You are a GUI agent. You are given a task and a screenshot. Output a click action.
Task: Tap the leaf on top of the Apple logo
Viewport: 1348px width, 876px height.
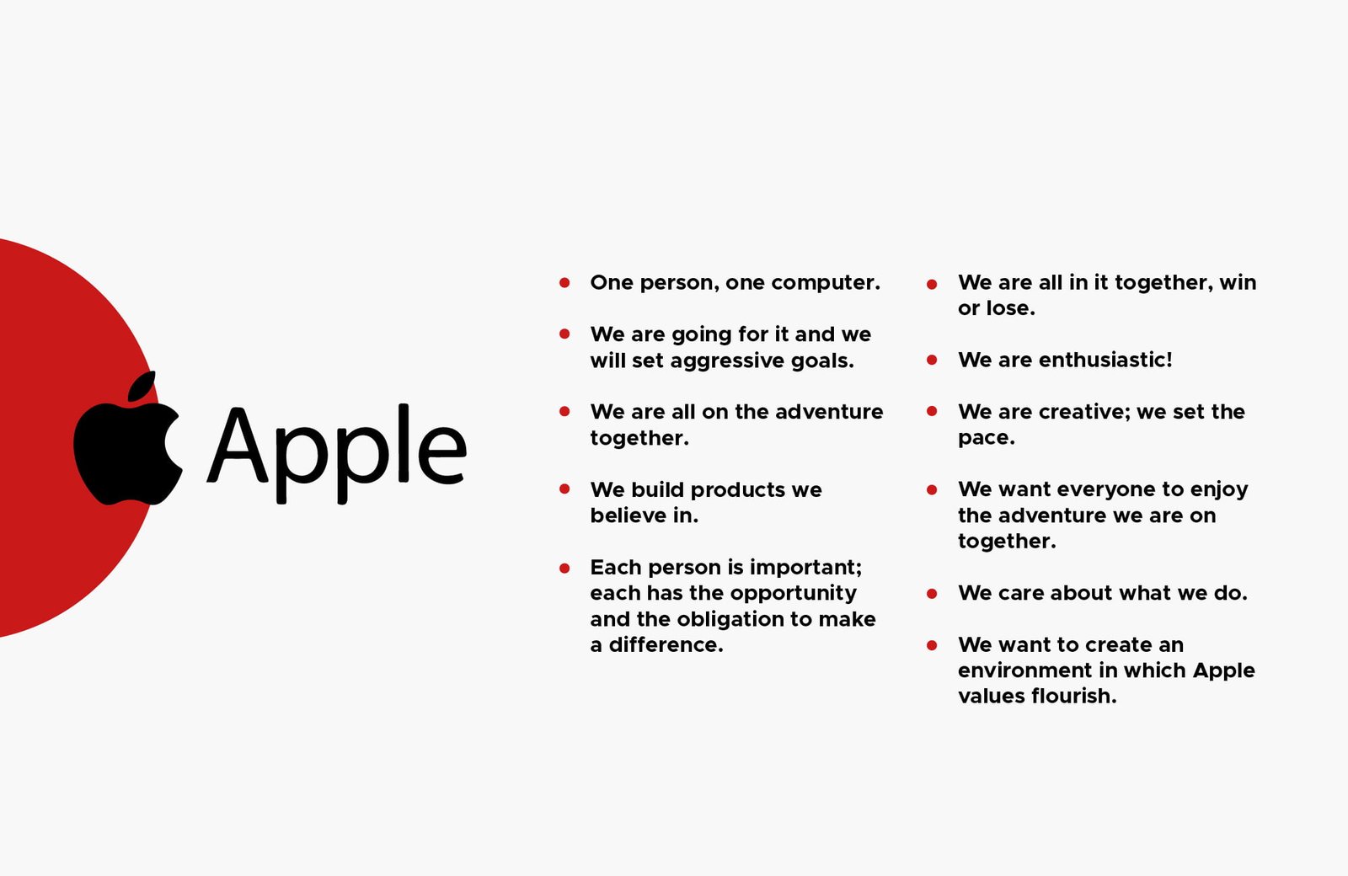click(142, 385)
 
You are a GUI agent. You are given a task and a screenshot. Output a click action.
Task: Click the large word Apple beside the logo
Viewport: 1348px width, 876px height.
click(336, 452)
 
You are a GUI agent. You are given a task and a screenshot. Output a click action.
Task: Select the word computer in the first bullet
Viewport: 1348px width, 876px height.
click(826, 283)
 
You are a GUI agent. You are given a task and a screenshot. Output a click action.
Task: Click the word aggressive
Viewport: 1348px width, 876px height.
click(727, 361)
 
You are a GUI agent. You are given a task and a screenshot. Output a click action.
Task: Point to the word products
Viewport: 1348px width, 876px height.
click(738, 490)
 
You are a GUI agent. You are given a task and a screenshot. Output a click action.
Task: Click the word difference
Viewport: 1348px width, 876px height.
click(666, 644)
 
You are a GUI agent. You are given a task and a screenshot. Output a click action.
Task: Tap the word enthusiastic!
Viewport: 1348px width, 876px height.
click(1105, 360)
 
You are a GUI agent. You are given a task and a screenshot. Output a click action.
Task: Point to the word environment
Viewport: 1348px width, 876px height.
click(1029, 670)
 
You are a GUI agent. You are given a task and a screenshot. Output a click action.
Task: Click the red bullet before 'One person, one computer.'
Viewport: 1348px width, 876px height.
click(564, 283)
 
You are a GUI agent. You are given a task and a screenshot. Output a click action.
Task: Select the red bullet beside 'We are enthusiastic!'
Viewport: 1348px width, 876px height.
click(932, 361)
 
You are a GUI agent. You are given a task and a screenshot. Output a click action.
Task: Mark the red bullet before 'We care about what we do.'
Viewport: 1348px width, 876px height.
click(932, 594)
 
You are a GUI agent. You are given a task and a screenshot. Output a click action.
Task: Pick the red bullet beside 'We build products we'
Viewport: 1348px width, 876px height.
click(564, 489)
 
